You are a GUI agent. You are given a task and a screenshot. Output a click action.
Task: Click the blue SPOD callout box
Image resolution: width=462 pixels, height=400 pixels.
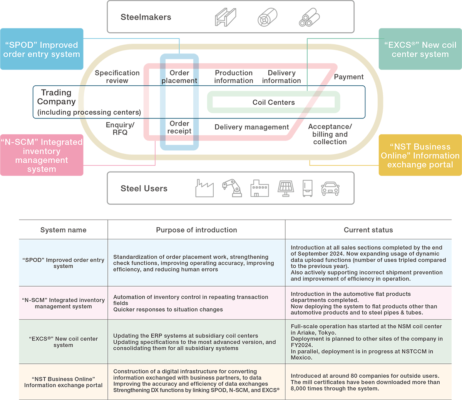(x=42, y=49)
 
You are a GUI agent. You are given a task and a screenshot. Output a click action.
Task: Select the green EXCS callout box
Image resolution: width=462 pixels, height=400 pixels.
(x=420, y=49)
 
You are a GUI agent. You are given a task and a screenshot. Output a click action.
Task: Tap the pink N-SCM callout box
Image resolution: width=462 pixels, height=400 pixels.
(x=42, y=155)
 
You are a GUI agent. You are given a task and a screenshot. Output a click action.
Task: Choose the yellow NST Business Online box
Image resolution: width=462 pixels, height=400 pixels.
(x=420, y=155)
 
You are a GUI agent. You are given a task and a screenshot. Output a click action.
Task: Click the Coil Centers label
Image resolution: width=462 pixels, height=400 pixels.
(x=274, y=102)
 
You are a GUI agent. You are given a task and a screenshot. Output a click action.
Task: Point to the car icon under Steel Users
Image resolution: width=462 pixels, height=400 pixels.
(x=330, y=189)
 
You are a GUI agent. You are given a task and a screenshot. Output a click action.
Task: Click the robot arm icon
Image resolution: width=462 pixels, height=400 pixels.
(x=232, y=188)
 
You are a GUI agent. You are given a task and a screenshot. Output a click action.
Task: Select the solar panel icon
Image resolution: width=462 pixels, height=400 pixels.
(x=286, y=188)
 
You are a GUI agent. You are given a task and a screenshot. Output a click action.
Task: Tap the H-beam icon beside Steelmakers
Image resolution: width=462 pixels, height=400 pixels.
(x=226, y=17)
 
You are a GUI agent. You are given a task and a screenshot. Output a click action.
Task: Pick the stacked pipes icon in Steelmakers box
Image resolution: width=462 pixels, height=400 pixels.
(x=309, y=17)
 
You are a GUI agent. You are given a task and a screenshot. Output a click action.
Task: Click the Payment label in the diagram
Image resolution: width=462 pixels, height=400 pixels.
(x=349, y=77)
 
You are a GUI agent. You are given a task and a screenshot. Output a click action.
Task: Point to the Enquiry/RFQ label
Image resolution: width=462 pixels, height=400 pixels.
(x=120, y=128)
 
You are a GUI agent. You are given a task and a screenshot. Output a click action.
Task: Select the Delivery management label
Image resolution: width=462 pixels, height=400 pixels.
(x=252, y=127)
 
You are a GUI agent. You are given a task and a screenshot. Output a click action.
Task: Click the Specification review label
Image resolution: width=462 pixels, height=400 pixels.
(x=117, y=77)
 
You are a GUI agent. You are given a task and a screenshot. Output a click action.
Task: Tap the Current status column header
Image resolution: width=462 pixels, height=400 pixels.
(x=368, y=230)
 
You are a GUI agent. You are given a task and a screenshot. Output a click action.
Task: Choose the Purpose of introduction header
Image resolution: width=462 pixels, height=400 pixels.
(x=196, y=230)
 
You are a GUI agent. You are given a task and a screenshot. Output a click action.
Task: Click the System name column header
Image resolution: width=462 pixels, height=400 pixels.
(x=63, y=230)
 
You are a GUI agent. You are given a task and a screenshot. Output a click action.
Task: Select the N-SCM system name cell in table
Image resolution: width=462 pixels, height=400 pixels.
(x=63, y=303)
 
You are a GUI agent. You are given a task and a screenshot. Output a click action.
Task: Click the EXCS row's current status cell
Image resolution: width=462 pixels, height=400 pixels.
(x=368, y=342)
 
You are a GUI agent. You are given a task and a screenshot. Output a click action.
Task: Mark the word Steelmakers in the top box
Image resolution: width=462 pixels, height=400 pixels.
(x=146, y=17)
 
